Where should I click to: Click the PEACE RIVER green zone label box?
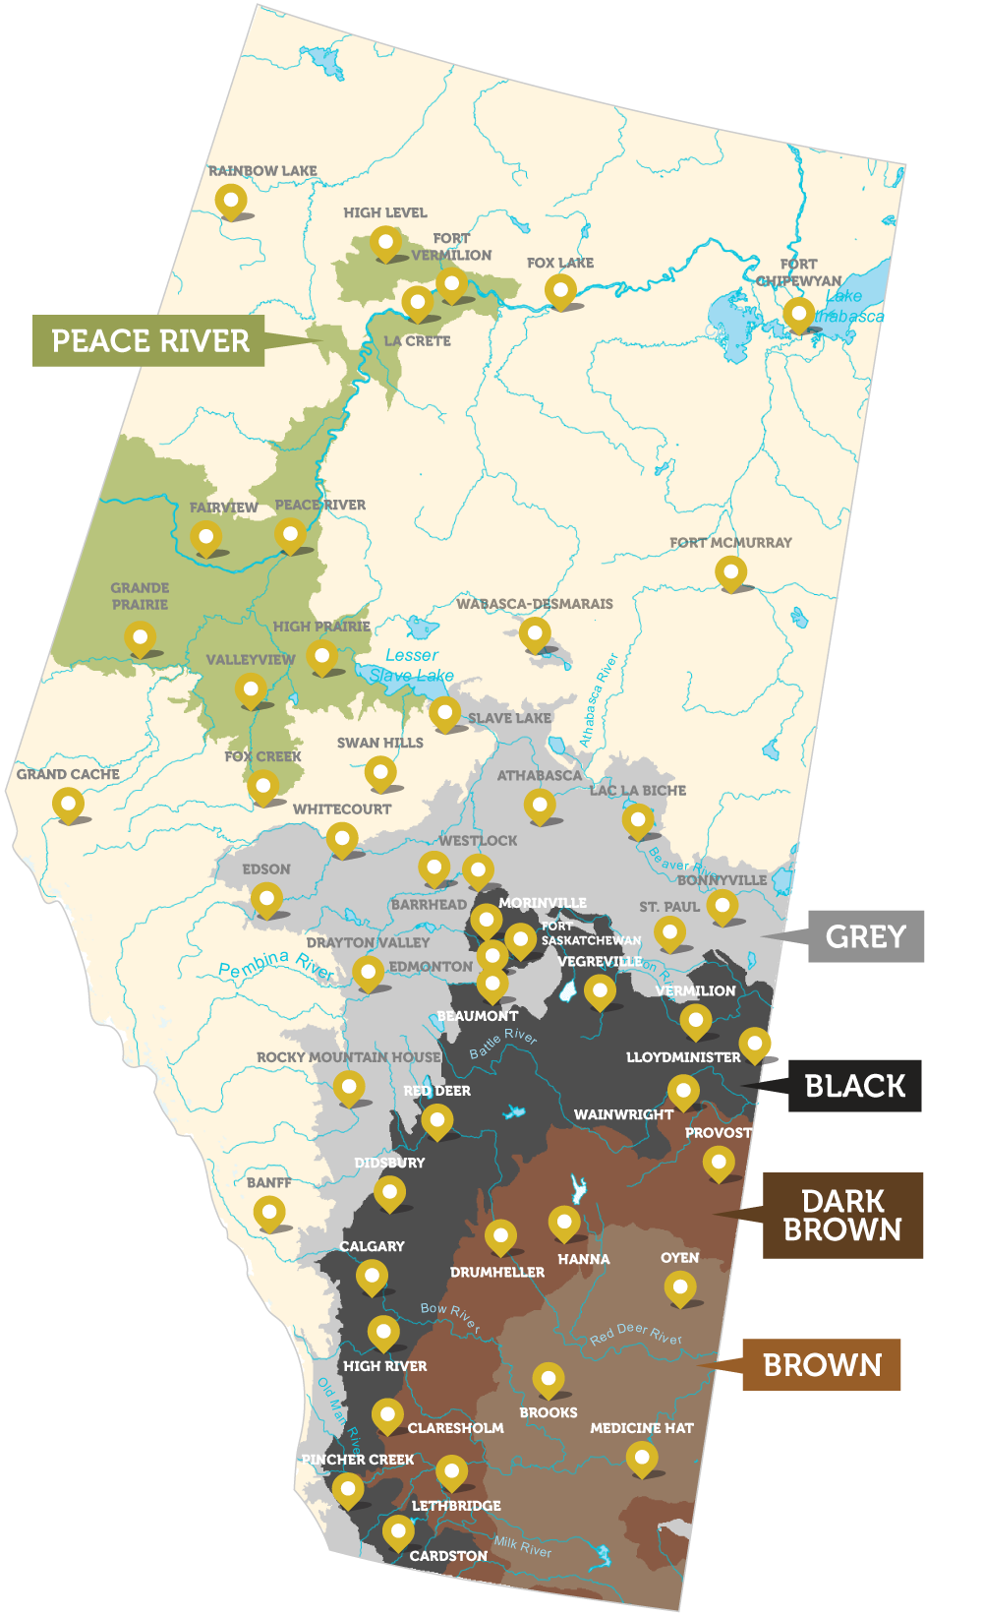148,341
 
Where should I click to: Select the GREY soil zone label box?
865,936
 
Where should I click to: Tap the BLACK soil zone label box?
854,1086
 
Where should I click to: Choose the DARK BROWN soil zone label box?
842,1216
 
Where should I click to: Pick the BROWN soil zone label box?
822,1365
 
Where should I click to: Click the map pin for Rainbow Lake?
231,201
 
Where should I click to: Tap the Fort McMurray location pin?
730,571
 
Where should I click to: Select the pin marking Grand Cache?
68,805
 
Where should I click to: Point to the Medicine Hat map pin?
642,1458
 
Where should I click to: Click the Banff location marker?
269,1213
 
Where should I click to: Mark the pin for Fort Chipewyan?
798,315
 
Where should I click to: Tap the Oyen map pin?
680,1287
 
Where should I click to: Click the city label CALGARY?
372,1246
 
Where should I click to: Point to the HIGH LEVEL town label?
385,212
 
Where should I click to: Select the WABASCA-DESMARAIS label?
534,604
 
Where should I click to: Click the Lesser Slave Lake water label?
412,666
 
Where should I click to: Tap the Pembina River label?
276,965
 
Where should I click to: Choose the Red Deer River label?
636,1335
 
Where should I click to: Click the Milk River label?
522,1546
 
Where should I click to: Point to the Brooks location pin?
549,1379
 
